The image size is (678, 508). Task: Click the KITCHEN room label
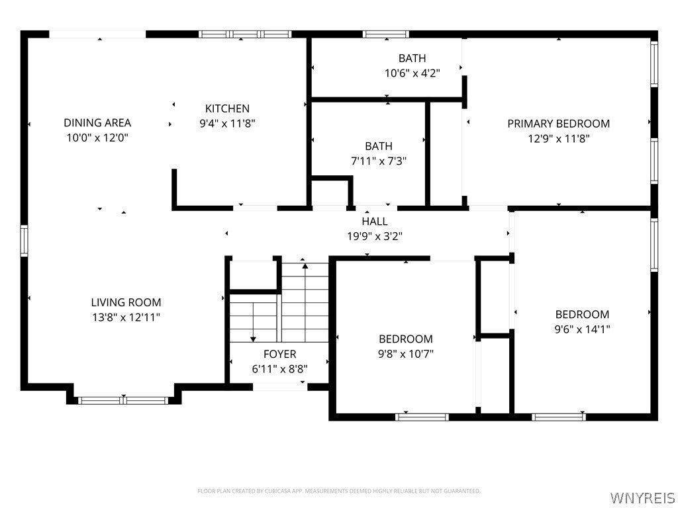[227, 108]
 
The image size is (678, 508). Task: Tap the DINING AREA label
[97, 122]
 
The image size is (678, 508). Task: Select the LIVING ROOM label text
[126, 302]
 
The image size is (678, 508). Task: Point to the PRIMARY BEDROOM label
[559, 124]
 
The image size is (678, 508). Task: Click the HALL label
[375, 222]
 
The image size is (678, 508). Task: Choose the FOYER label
[280, 355]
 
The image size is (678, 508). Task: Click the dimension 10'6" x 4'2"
[412, 73]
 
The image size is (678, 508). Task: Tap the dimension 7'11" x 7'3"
[379, 161]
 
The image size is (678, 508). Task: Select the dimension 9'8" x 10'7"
[406, 355]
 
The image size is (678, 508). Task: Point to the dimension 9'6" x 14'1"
[583, 329]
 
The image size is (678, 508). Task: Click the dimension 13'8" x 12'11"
[126, 317]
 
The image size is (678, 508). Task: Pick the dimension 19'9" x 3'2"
[375, 237]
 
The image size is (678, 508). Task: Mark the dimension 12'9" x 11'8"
[559, 139]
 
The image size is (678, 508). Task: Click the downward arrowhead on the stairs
[253, 339]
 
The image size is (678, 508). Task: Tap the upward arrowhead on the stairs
[305, 266]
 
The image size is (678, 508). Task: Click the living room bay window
[123, 400]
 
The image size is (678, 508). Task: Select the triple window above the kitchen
[245, 34]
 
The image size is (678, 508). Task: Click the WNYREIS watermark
[642, 497]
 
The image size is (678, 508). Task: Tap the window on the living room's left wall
[24, 241]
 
